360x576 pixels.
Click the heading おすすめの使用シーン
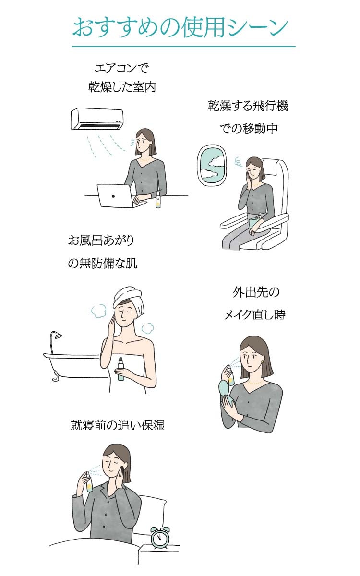point(180,27)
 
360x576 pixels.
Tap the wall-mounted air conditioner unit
point(97,119)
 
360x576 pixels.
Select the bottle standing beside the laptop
point(158,200)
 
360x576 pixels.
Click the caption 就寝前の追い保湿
point(118,425)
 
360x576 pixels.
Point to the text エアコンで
point(121,68)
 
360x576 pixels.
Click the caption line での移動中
point(249,128)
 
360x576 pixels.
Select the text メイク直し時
point(254,314)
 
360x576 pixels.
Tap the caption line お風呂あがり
point(101,240)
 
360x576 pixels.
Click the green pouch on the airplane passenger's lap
point(254,222)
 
